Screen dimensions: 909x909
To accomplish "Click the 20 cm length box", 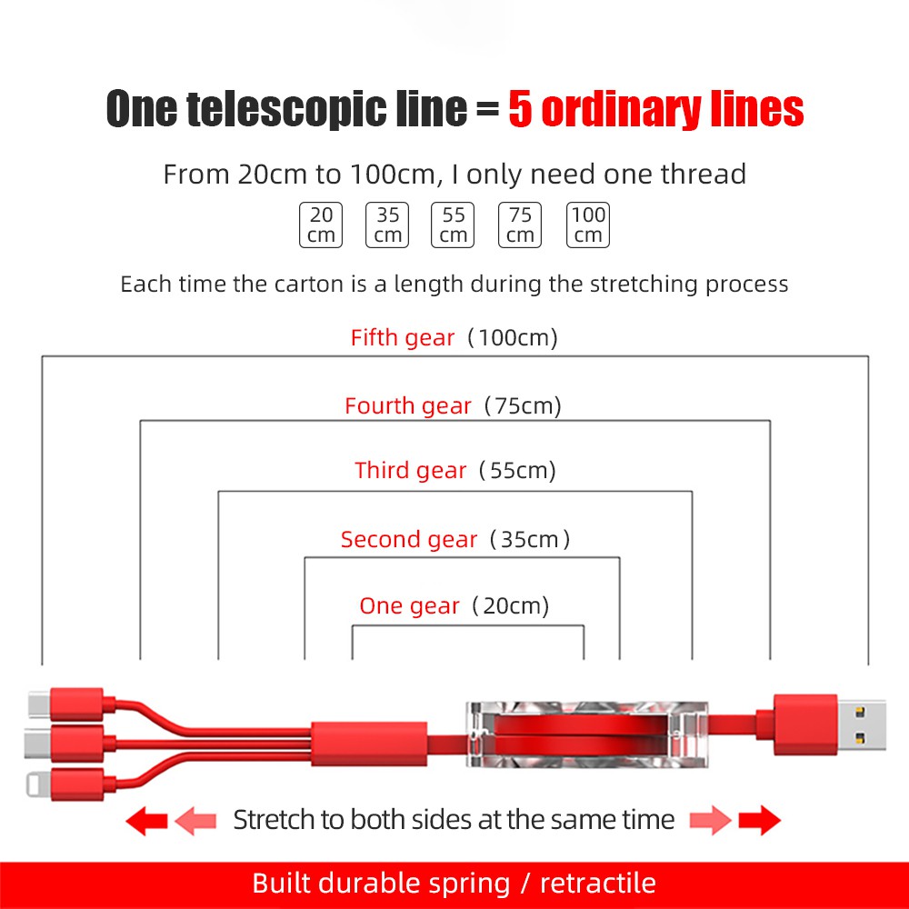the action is tap(321, 225).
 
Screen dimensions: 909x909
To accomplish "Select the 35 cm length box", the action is tap(387, 225).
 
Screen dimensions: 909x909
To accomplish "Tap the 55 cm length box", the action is tap(454, 225).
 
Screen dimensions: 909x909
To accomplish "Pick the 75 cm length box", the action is tap(520, 225).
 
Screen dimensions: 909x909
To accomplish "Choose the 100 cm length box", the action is tap(588, 225).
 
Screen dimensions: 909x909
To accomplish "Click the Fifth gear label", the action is tap(403, 338).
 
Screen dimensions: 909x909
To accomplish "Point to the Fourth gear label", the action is tap(408, 406).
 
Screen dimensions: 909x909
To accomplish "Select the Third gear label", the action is tap(411, 471).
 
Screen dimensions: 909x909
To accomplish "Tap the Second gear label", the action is tap(409, 540).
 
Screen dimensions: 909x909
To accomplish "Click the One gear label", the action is tap(410, 606).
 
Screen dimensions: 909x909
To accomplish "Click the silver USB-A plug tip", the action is tap(861, 724).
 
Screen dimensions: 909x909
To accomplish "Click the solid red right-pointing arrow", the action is tap(759, 821).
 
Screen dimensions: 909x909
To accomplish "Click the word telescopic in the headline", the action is tap(327, 109).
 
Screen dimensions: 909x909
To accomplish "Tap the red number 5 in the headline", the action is tap(520, 109).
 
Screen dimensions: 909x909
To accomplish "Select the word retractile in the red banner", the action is tap(598, 883).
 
